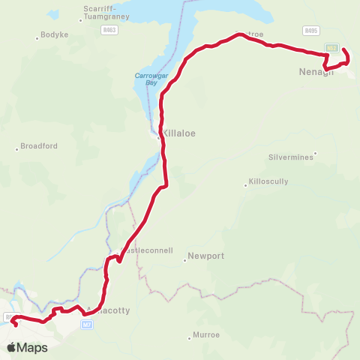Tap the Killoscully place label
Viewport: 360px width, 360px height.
pos(268,182)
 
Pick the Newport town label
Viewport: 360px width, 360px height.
pos(207,256)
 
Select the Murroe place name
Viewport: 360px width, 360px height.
pos(205,337)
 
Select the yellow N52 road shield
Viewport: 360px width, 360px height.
pos(330,46)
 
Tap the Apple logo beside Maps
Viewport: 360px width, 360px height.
pos(11,347)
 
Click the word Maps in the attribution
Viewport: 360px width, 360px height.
pos(32,347)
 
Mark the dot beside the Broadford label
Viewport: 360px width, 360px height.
pos(16,149)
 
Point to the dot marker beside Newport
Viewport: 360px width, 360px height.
pos(184,260)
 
